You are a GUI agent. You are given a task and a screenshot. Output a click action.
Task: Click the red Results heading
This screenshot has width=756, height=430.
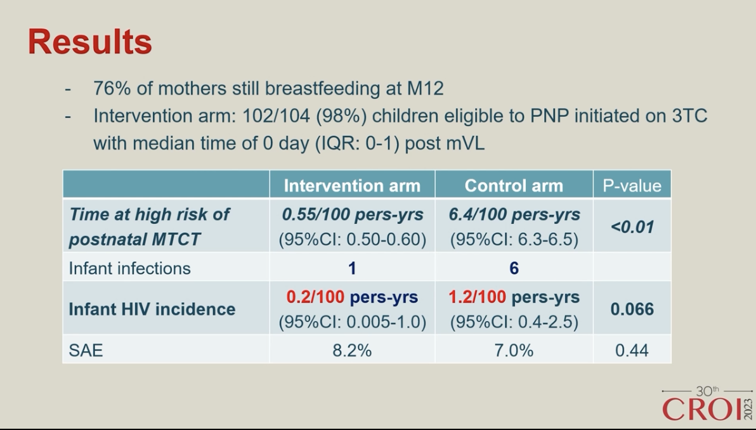coord(90,41)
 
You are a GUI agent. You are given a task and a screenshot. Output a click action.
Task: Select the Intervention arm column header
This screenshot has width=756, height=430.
coord(352,186)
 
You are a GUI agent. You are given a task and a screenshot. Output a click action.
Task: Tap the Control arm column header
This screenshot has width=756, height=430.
coord(514,186)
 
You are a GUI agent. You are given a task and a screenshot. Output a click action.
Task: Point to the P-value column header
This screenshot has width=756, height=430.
coord(632,186)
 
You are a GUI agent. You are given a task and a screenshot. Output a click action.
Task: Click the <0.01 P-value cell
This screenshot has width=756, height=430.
coord(632,226)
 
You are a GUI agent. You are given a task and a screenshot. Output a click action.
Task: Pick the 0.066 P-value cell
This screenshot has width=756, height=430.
coord(632,309)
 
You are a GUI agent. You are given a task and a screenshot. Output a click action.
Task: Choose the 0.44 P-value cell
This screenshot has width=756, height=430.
coord(632,350)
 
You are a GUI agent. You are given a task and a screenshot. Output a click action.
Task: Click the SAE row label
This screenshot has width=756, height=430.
coord(86,350)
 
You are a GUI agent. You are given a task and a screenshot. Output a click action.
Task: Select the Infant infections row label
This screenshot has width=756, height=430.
coord(129,268)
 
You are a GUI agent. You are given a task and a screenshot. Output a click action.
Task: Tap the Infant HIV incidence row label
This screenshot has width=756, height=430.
coord(152,309)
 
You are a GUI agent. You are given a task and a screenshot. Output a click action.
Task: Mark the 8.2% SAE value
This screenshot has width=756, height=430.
coord(352,350)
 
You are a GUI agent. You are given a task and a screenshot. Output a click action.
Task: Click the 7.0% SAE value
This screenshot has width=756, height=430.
coord(514,350)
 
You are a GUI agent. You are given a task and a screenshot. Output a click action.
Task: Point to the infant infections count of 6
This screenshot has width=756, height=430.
coord(514,268)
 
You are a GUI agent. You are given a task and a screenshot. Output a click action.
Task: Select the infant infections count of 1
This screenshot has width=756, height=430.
coord(352,268)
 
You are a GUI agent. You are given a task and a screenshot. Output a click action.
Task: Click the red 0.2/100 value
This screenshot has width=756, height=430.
coord(315,297)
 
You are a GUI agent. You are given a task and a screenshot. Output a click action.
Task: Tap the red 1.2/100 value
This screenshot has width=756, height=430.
coord(478,297)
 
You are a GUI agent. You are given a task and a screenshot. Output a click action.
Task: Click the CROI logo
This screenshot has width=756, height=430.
coord(707,404)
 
